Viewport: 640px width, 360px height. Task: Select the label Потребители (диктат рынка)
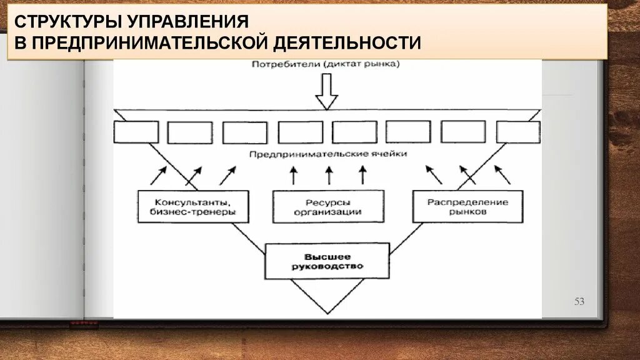coord(326,64)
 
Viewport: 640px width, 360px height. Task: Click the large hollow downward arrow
coord(326,91)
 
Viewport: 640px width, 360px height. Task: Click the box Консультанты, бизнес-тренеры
coord(192,207)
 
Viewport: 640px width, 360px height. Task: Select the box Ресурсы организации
coord(327,207)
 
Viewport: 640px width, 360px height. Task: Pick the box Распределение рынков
coord(467,207)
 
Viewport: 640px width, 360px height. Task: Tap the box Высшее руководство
coord(327,261)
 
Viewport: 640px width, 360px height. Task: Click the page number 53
coord(579,302)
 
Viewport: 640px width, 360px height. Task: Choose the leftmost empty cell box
coord(136,132)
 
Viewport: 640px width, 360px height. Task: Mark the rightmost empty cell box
coord(518,132)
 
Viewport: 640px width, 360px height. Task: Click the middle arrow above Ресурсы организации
coord(328,176)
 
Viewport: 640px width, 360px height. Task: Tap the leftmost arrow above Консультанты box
coord(158,176)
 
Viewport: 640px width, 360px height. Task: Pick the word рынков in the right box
coord(467,212)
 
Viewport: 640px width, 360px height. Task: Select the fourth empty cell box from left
coord(301,132)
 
